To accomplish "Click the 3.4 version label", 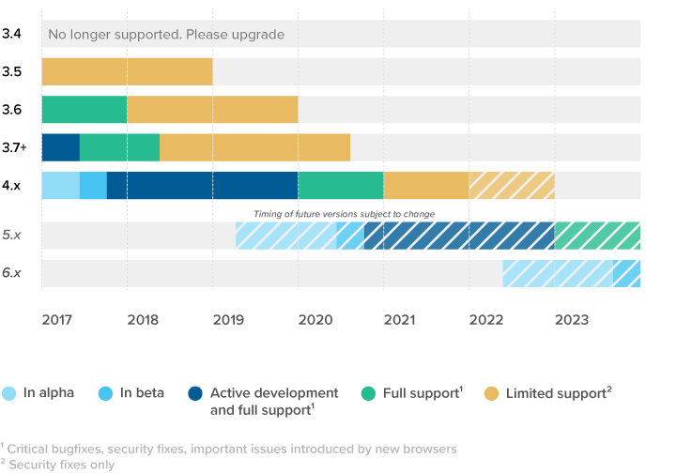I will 11,35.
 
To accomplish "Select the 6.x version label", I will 12,273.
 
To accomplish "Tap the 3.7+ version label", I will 14,147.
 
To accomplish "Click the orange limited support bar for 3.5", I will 127,72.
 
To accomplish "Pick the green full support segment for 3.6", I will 84,110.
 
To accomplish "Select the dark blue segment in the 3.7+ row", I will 60,147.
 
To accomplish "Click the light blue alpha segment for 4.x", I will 60,186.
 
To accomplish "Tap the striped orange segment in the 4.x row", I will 512,186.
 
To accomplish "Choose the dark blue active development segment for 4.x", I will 202,186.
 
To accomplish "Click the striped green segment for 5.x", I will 597,236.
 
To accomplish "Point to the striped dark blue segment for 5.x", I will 459,236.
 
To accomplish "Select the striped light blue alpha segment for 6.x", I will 557,273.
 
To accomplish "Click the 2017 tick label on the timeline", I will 56,320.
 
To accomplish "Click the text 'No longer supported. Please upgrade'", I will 166,35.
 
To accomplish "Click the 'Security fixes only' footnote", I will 60,463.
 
